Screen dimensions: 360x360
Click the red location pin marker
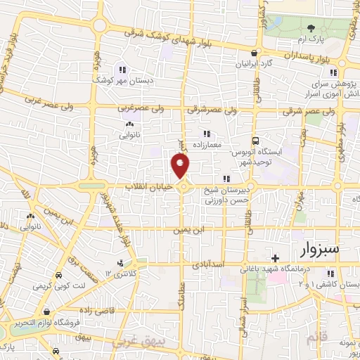coord(181,166)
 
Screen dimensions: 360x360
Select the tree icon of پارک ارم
coord(311,29)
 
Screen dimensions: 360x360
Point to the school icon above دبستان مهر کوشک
coord(122,69)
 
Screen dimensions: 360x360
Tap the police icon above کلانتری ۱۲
coord(121,263)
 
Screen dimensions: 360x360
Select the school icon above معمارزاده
coord(206,133)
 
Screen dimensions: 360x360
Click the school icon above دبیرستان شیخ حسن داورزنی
coord(226,179)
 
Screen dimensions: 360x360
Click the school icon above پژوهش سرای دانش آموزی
coord(334,72)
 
